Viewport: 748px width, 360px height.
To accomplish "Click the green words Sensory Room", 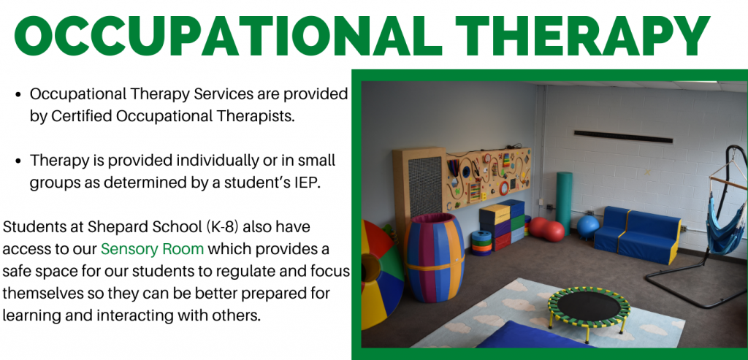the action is (x=153, y=249).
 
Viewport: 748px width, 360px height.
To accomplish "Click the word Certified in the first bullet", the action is (x=89, y=117).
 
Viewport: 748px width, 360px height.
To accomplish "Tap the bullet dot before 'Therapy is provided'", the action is (x=18, y=161).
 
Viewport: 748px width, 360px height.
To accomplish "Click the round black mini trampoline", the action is (x=589, y=307).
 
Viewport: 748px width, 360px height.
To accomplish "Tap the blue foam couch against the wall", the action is (x=637, y=234).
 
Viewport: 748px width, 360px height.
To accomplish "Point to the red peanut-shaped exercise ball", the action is (x=547, y=230).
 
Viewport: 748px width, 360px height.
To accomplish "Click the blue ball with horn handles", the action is (x=587, y=227).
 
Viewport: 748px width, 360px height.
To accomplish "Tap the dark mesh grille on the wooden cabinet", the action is (x=425, y=187).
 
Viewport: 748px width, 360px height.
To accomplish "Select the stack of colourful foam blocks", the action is (x=503, y=225).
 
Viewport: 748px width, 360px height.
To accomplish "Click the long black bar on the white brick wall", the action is (x=624, y=137).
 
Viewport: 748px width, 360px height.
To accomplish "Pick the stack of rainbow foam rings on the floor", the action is (x=481, y=243).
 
